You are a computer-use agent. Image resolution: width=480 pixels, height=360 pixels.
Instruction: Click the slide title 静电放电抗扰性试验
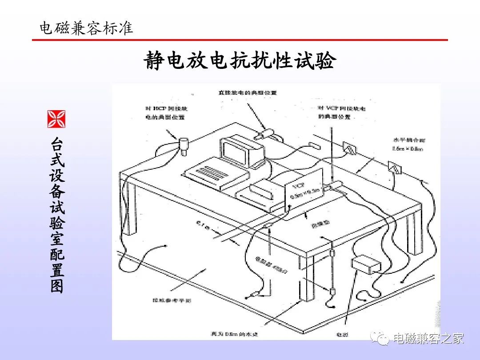coord(239,61)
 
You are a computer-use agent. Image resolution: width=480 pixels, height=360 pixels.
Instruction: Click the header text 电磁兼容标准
coord(86,28)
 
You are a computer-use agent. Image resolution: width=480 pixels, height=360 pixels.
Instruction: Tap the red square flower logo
coord(56,119)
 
